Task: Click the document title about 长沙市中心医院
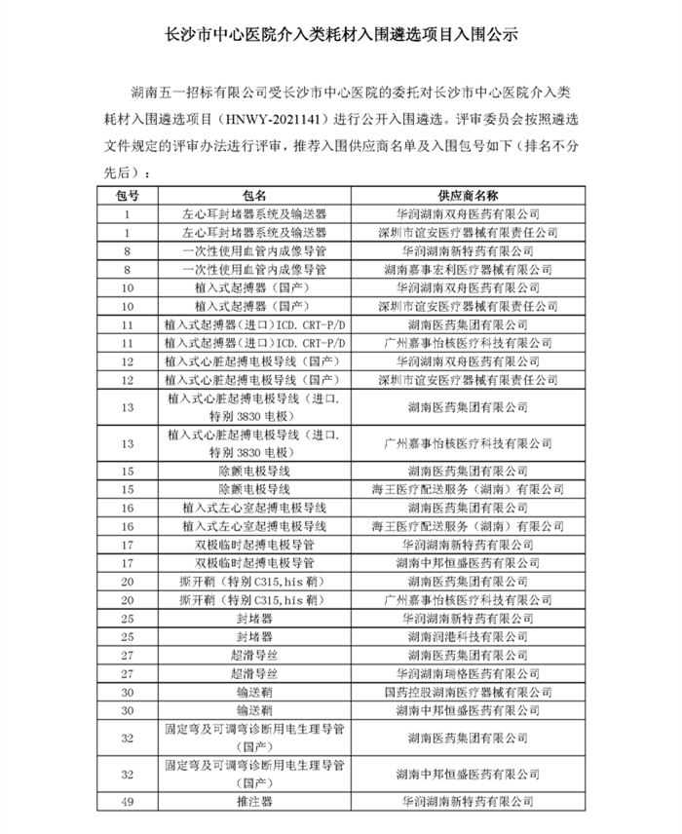341,33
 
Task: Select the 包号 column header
127,195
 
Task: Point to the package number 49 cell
127,802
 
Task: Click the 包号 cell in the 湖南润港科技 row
127,636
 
